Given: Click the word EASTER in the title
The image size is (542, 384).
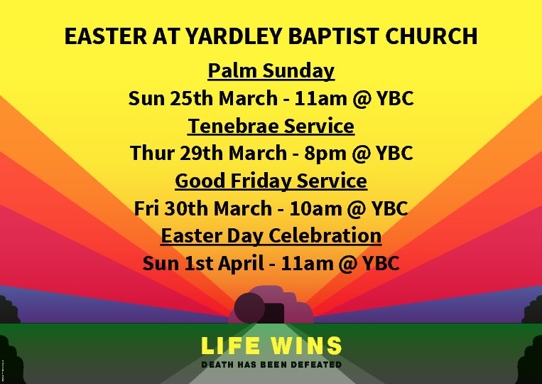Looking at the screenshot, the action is click(x=105, y=36).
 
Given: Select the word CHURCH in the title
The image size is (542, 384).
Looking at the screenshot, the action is click(x=431, y=36).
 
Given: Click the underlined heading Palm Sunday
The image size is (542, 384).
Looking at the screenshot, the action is click(x=271, y=71).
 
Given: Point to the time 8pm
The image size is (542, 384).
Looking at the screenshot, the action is click(x=325, y=154).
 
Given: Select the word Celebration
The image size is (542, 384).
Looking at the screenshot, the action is click(x=325, y=236).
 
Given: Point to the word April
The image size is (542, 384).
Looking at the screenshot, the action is click(x=241, y=264).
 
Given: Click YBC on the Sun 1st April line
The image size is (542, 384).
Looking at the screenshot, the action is click(x=381, y=263).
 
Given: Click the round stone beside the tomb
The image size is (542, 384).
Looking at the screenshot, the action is click(x=249, y=308).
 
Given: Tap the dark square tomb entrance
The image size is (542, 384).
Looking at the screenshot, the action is click(x=274, y=314).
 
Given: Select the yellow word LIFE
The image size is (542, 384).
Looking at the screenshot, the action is click(x=230, y=346).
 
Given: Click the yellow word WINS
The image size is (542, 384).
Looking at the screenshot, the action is click(x=306, y=346).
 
